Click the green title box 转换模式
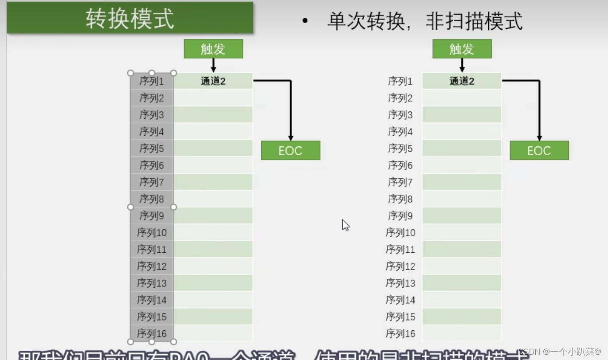click(130, 18)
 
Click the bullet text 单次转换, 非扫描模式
click(424, 21)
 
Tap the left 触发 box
click(213, 49)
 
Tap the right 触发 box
click(462, 49)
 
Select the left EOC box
click(290, 151)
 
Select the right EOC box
click(539, 151)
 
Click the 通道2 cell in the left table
click(213, 81)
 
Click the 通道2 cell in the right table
click(462, 81)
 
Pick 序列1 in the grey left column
click(152, 81)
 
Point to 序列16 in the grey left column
click(152, 333)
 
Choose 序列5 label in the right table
click(400, 149)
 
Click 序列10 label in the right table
click(400, 232)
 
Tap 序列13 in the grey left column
click(152, 283)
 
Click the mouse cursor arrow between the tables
click(345, 225)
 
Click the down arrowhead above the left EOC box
click(290, 138)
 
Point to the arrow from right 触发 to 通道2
click(462, 65)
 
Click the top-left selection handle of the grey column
click(130, 73)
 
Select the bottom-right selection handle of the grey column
click(173, 341)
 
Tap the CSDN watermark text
click(561, 352)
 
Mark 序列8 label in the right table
click(400, 199)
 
